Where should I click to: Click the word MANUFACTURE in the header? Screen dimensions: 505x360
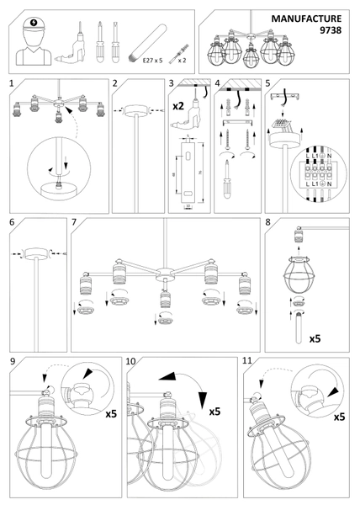pos(307,18)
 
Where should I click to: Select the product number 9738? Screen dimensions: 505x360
pos(330,29)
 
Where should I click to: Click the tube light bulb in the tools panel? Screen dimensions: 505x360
pos(151,40)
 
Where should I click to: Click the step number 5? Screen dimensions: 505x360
pos(268,84)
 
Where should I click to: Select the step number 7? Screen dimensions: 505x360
pos(76,223)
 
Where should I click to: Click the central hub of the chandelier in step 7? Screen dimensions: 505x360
pos(161,272)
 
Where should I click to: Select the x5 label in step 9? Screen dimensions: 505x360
pos(112,414)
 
